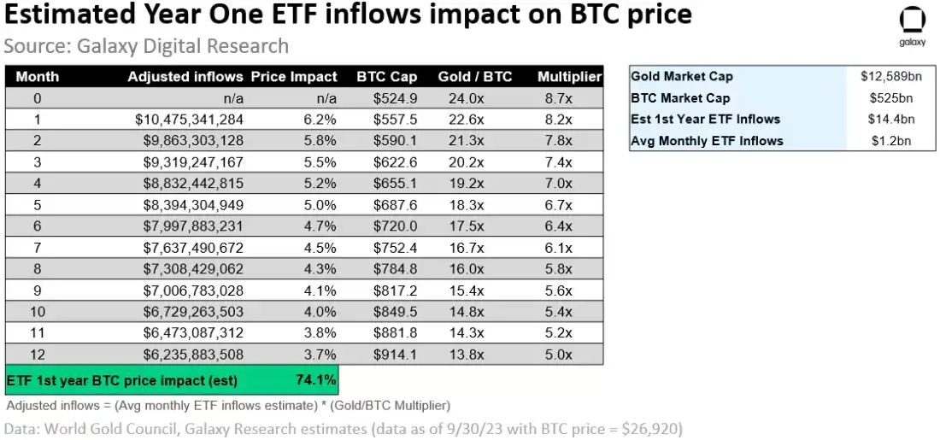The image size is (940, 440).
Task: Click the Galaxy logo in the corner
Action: click(x=913, y=26)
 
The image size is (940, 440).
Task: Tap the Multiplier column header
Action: click(x=570, y=76)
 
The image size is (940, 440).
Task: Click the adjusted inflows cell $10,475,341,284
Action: click(x=189, y=120)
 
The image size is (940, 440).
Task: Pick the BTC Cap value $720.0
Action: click(x=395, y=226)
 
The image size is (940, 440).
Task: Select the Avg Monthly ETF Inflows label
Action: click(x=707, y=140)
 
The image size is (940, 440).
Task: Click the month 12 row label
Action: click(x=37, y=355)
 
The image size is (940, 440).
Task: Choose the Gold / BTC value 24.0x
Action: click(x=467, y=98)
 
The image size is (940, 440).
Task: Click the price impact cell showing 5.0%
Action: click(x=320, y=205)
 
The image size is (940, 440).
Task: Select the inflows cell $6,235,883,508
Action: click(x=189, y=355)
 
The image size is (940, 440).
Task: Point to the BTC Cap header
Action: click(x=387, y=76)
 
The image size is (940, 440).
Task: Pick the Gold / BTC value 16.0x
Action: click(x=467, y=269)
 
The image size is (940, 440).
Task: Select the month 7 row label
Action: click(x=37, y=248)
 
